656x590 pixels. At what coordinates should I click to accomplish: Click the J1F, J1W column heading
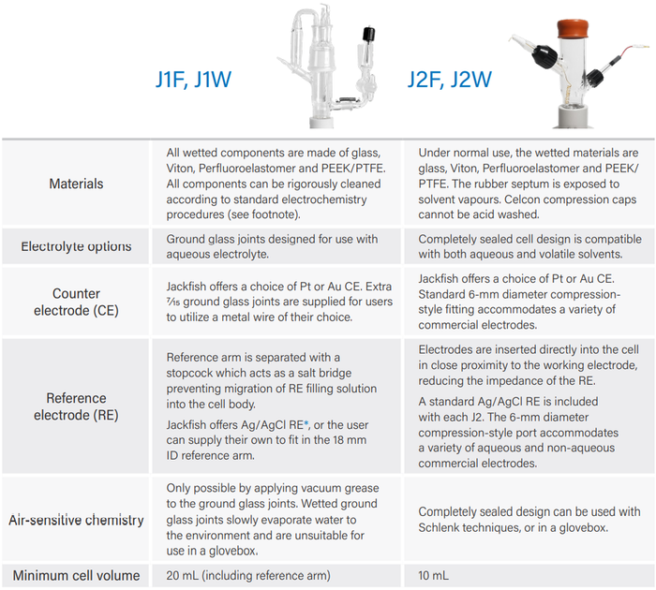pyautogui.click(x=193, y=80)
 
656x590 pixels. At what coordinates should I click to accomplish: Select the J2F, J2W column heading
pyautogui.click(x=450, y=80)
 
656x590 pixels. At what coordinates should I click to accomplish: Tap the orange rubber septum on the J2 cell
pyautogui.click(x=573, y=29)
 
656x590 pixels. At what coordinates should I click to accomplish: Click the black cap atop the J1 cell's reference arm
pyautogui.click(x=368, y=34)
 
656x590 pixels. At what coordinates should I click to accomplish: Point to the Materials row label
pyautogui.click(x=76, y=184)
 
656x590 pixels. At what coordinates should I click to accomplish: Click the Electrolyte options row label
pyautogui.click(x=76, y=246)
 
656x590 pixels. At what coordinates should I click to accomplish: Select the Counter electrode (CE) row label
pyautogui.click(x=76, y=302)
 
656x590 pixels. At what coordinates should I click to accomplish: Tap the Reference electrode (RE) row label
pyautogui.click(x=76, y=406)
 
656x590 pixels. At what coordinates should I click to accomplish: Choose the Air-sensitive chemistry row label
pyautogui.click(x=76, y=520)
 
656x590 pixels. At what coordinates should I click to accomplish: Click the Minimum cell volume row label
pyautogui.click(x=76, y=575)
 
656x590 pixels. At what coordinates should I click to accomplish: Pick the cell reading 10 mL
pyautogui.click(x=433, y=576)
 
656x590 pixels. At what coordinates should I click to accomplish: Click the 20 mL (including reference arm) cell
pyautogui.click(x=248, y=576)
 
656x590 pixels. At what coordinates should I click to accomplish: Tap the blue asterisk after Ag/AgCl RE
pyautogui.click(x=306, y=424)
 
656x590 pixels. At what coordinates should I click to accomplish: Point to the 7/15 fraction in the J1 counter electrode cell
pyautogui.click(x=172, y=302)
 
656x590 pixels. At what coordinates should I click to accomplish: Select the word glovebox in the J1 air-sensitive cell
pyautogui.click(x=232, y=551)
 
